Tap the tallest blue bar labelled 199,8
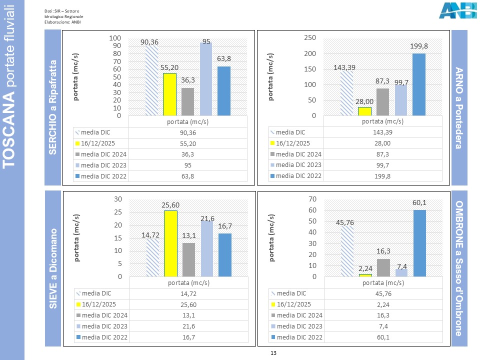(419, 84)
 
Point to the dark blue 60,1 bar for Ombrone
(419, 243)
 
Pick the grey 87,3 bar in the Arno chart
(382, 102)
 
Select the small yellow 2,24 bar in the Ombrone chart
(365, 275)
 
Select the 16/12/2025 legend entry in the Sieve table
(100, 304)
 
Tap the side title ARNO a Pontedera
(459, 108)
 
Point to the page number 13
(273, 353)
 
